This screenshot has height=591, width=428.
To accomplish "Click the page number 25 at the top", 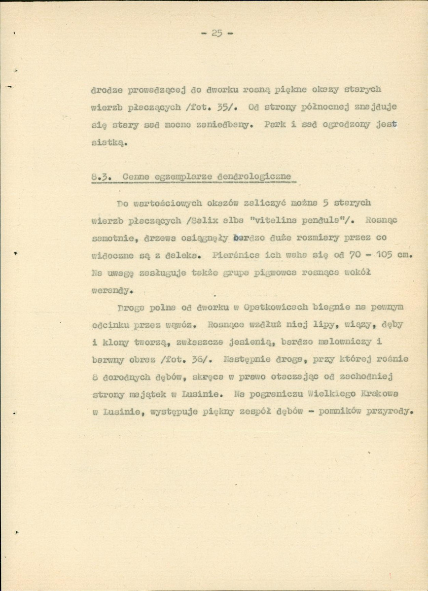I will pos(217,33).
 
